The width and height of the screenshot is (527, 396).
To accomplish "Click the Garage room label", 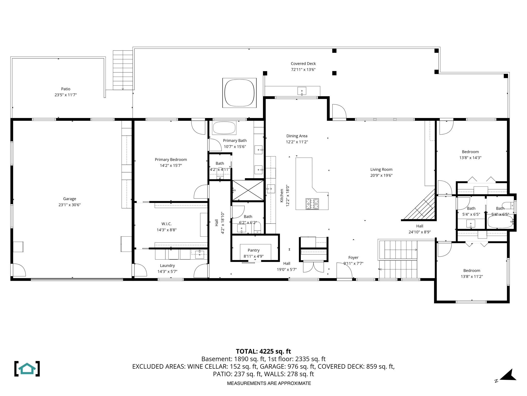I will click(x=69, y=199).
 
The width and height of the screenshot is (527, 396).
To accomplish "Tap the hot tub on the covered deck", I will click(x=239, y=93).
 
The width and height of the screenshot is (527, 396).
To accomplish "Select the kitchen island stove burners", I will click(x=312, y=204).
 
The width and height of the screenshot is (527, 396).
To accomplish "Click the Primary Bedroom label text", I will click(x=171, y=160).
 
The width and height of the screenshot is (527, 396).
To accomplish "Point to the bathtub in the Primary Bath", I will click(x=224, y=128).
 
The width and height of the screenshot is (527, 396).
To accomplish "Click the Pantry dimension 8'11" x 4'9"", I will click(x=253, y=257).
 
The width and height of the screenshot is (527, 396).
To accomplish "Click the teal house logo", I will click(x=27, y=368).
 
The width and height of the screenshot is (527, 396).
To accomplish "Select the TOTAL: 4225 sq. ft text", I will click(x=263, y=351).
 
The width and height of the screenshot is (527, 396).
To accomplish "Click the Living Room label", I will click(x=381, y=169).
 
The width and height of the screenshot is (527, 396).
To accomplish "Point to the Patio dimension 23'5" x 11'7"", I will click(x=66, y=95).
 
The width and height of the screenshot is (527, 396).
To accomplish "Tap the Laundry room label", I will click(x=167, y=266).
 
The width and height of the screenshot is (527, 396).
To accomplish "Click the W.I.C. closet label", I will click(x=166, y=224).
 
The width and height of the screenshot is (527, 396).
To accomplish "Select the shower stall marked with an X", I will click(x=248, y=190).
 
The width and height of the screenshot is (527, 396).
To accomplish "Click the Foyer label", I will click(x=353, y=257).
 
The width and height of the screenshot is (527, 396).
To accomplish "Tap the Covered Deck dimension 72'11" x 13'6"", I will click(x=303, y=70).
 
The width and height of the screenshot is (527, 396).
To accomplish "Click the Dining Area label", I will click(x=297, y=136).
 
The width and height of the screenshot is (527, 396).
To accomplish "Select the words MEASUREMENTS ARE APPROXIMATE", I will click(x=269, y=383).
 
